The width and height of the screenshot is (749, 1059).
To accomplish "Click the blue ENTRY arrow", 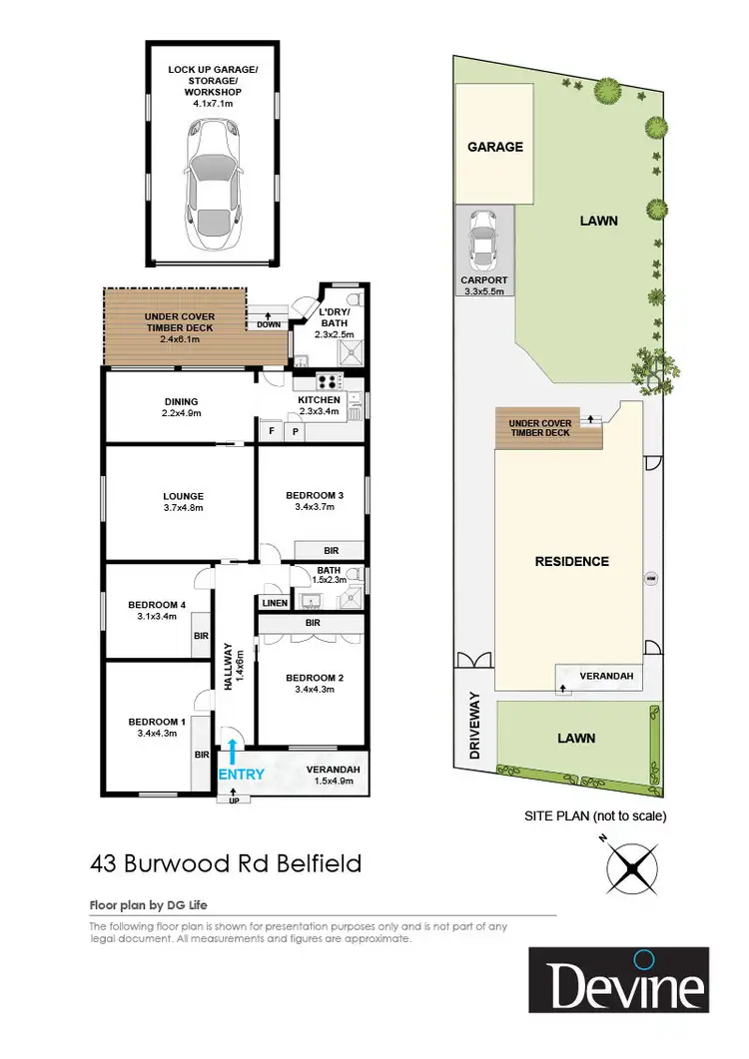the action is point(233,750).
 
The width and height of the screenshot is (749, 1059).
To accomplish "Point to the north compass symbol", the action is point(636,866).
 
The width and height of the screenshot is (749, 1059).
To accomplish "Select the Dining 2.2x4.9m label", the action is point(182,407).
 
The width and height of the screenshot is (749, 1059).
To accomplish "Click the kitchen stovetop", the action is point(329,380).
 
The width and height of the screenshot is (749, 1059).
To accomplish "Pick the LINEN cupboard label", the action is point(275,603).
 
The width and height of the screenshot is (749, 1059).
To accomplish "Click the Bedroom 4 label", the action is point(157,610).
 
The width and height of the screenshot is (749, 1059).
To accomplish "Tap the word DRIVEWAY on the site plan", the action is point(475,726).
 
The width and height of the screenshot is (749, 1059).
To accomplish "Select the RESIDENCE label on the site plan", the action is point(572,561).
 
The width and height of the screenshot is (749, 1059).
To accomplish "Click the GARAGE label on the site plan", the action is point(495,147).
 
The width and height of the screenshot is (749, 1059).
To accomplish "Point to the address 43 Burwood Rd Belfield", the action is point(225,862).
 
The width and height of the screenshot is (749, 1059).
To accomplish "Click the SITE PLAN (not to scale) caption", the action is point(595,815).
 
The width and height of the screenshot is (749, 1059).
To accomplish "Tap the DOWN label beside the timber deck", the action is point(269,324).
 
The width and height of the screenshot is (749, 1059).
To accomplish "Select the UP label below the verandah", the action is point(235,800).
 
